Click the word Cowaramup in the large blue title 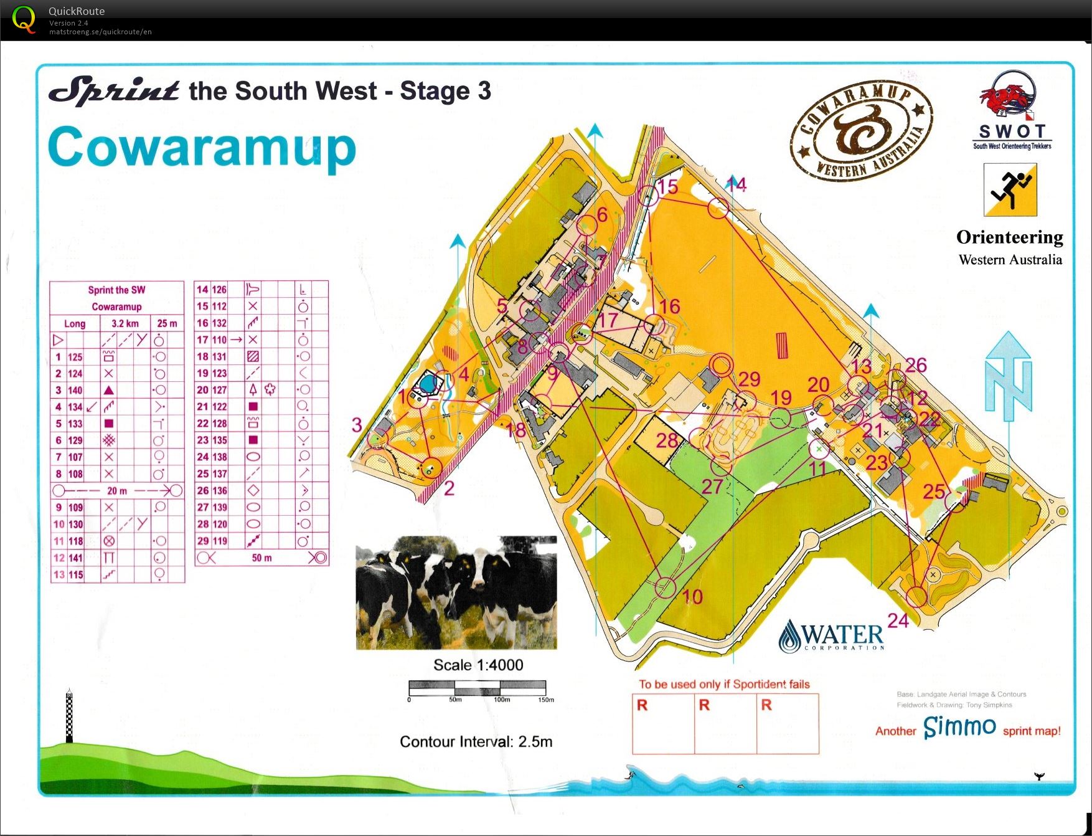coord(202,147)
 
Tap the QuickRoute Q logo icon coord(24,19)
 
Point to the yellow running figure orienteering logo coord(1010,189)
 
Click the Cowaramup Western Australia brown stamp coord(862,130)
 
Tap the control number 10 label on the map coord(692,597)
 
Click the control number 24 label coord(898,620)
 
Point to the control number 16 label coord(669,306)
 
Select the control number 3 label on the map coord(357,425)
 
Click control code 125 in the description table coord(75,357)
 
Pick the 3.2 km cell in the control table coord(125,323)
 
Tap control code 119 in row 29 coord(219,541)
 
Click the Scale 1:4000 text coord(478,665)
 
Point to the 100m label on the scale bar coord(502,700)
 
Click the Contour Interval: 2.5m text coord(476,741)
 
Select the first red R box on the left coord(663,723)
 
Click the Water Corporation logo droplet coord(790,635)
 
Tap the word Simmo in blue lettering coord(959,726)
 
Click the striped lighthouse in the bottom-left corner coord(69,716)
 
